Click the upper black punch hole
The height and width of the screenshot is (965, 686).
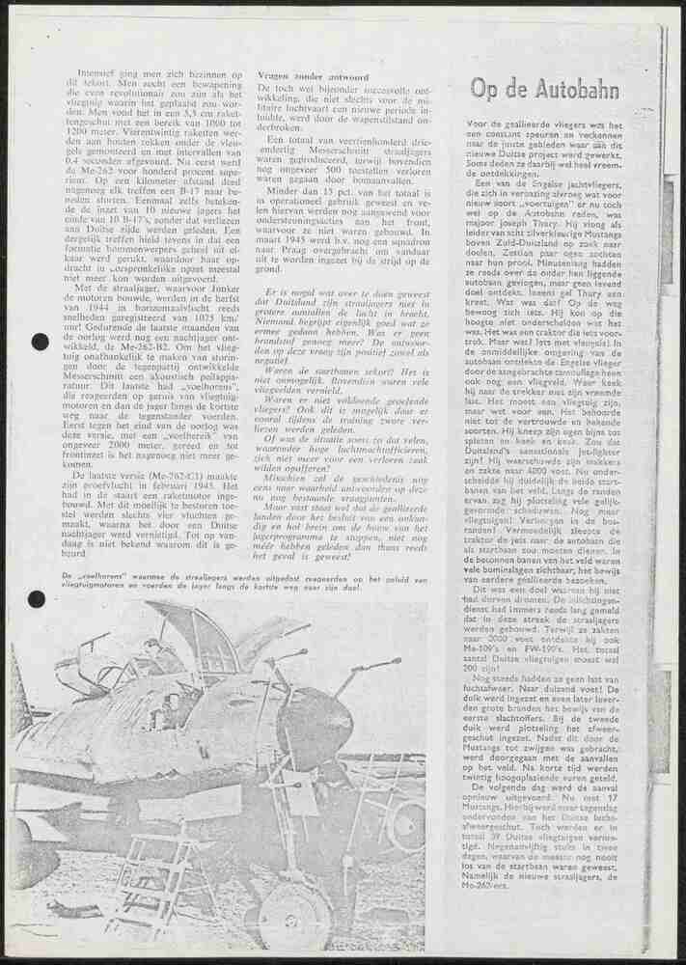pos(40,342)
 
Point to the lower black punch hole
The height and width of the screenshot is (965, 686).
pos(37,599)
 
